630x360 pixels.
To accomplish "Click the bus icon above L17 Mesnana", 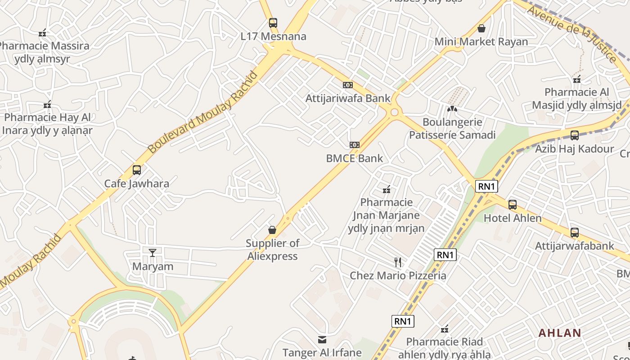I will (x=273, y=22).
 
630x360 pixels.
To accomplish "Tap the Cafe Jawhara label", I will (x=137, y=184).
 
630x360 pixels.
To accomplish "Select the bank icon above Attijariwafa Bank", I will (x=347, y=85).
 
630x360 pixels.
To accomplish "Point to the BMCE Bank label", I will (x=355, y=158).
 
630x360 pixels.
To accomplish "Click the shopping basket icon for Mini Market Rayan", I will (x=481, y=28).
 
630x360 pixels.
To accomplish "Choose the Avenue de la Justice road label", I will (x=572, y=34).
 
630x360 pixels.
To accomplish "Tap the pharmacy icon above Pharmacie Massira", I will (x=42, y=32).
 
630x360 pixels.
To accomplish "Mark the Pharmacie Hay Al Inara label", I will (x=47, y=124).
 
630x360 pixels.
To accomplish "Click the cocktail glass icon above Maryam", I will (x=153, y=252).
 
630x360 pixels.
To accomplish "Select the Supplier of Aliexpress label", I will (x=272, y=250).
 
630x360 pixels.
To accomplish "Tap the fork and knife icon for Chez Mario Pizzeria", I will (x=398, y=262).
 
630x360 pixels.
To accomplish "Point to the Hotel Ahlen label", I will (x=513, y=218).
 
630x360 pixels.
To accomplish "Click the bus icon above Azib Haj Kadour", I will (x=574, y=135).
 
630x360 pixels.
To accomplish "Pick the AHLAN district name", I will (x=560, y=333).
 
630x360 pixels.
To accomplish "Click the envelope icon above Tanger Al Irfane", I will (x=322, y=339).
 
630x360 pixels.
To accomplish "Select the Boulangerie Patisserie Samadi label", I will (x=452, y=129).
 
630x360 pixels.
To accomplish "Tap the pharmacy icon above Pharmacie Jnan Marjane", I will (x=386, y=189).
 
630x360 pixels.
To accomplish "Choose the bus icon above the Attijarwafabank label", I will (x=574, y=233).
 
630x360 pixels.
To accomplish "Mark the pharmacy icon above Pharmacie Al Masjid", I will (x=577, y=79).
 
